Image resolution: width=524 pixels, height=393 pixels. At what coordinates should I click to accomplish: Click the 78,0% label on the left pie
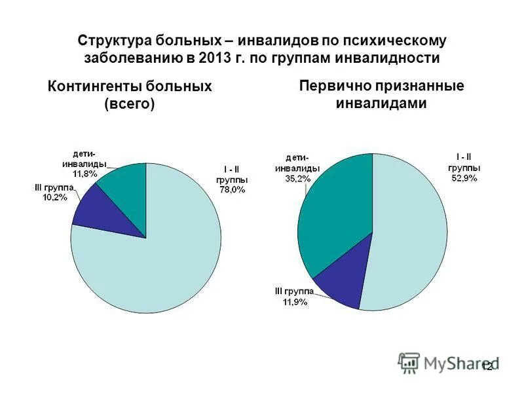click(x=232, y=190)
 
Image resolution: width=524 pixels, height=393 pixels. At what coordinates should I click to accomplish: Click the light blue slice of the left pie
click(x=157, y=262)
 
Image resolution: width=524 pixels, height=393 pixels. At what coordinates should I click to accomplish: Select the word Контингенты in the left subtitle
click(x=94, y=86)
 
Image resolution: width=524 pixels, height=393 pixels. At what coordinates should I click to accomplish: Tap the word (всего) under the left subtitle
click(x=130, y=104)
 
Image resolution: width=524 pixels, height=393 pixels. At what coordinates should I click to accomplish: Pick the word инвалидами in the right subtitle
click(x=381, y=103)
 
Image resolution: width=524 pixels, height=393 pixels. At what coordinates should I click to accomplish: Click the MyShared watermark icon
click(x=409, y=362)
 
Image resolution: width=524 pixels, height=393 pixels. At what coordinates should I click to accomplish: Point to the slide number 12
click(x=487, y=367)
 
